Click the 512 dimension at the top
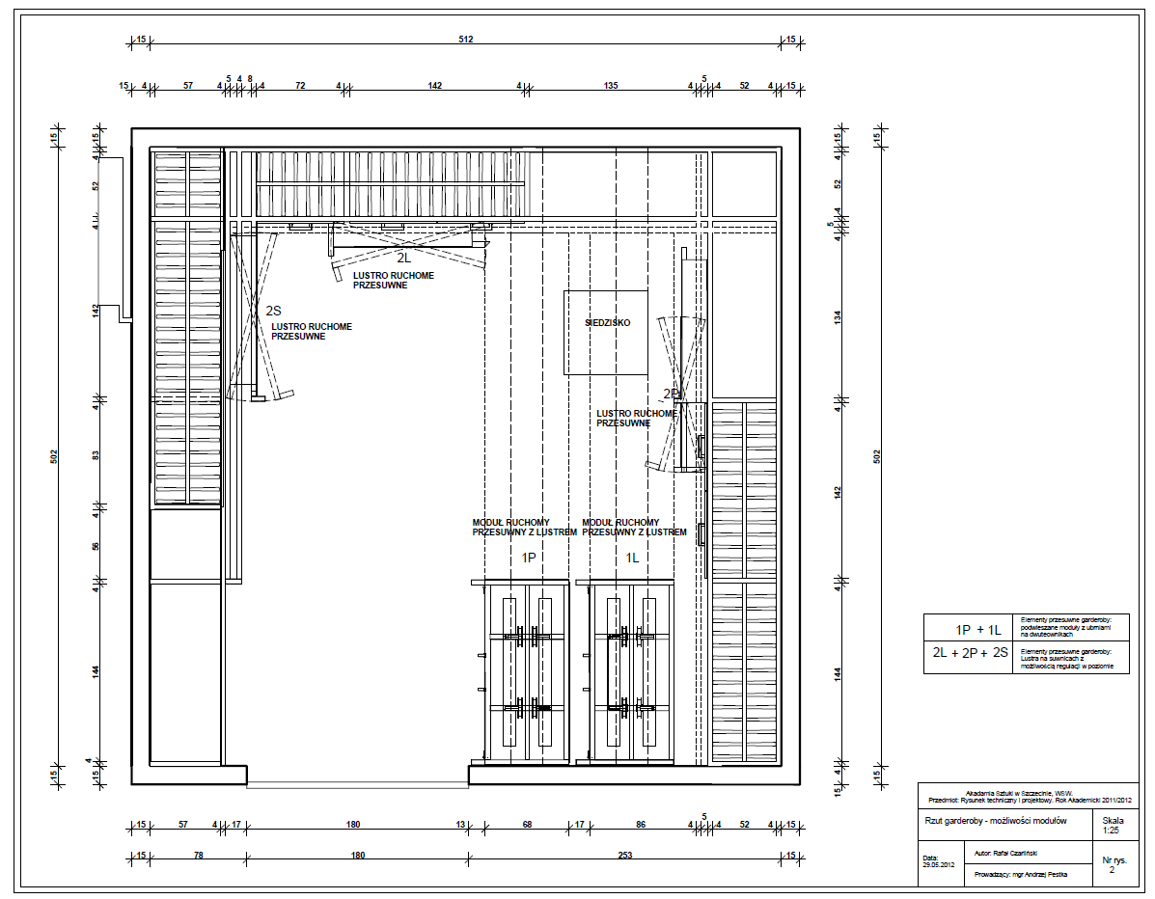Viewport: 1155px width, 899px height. [x=467, y=40]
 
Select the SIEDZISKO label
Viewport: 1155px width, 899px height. [x=607, y=323]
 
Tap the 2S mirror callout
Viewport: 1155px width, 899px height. [x=273, y=311]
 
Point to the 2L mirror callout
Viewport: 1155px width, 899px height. [x=404, y=259]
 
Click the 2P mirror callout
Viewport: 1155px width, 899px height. [x=672, y=394]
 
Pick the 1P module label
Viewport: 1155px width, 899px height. [x=529, y=558]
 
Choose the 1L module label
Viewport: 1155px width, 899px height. [x=632, y=558]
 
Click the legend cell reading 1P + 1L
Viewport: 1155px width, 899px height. [x=978, y=629]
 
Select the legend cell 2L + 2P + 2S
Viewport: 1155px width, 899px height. [x=970, y=653]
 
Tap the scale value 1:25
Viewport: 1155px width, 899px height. [x=1112, y=829]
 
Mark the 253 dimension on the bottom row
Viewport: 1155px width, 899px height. [x=624, y=856]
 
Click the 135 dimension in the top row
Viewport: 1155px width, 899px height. [x=611, y=86]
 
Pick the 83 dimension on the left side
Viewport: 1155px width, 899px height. [x=96, y=455]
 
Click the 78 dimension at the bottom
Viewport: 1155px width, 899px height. [x=198, y=856]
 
